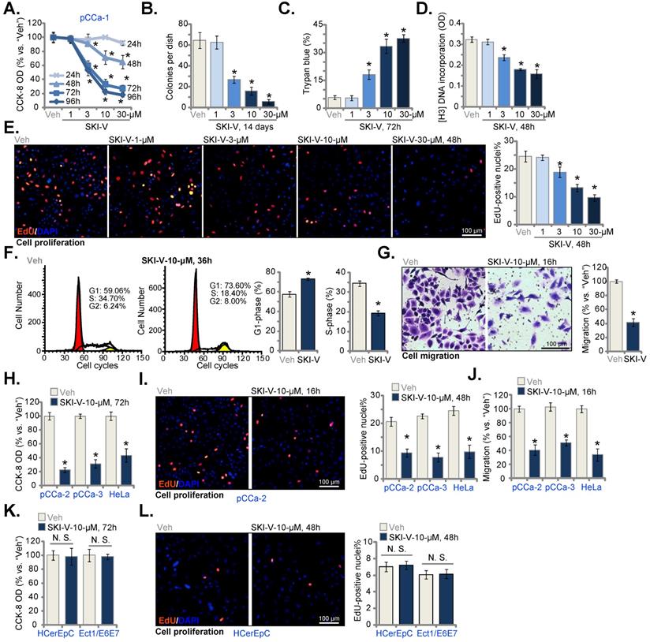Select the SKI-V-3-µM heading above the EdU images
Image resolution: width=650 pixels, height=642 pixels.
point(233,119)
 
